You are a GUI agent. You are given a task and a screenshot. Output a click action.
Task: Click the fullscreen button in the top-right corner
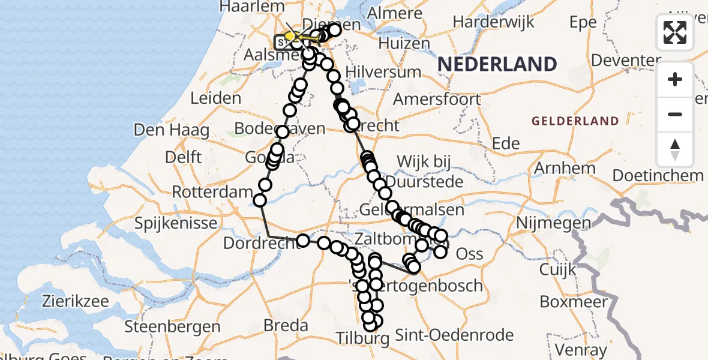click(x=675, y=32)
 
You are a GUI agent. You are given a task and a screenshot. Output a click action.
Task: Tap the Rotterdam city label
click(x=212, y=193)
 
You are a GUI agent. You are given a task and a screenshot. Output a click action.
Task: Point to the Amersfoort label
click(x=437, y=99)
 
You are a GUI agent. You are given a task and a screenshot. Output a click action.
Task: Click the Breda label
click(x=286, y=326)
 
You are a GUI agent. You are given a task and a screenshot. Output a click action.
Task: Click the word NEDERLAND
click(x=497, y=64)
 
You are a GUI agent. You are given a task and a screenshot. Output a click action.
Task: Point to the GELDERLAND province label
click(x=575, y=121)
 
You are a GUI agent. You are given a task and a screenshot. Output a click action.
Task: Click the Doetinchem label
click(x=658, y=176)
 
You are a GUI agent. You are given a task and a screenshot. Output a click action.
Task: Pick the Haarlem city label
click(x=252, y=7)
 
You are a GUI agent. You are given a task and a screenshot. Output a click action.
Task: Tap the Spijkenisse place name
click(x=176, y=224)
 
